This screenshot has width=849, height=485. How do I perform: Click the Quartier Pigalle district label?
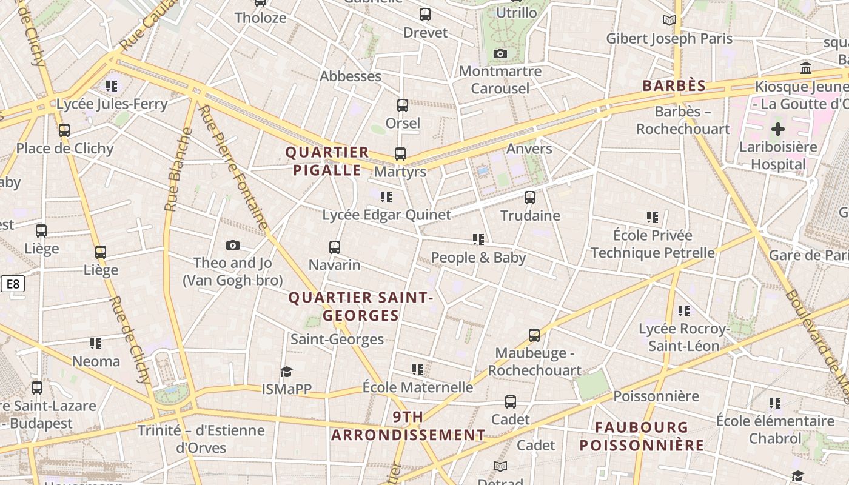(x=327, y=161)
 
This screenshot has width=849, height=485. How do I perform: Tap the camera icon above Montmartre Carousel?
(x=500, y=54)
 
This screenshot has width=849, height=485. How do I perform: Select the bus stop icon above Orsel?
(x=403, y=105)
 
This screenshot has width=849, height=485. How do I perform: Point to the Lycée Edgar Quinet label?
(x=386, y=215)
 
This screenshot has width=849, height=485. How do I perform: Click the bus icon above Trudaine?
(x=530, y=198)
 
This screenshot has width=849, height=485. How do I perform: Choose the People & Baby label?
(x=478, y=258)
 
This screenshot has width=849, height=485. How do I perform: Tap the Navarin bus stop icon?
(x=335, y=247)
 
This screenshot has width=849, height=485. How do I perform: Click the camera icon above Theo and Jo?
(x=233, y=246)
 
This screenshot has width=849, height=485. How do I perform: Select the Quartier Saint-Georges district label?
(x=361, y=307)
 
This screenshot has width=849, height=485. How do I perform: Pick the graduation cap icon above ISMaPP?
(x=286, y=372)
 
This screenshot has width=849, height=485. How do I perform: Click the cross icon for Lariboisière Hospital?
(x=778, y=129)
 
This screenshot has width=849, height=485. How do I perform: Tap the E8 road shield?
(x=12, y=284)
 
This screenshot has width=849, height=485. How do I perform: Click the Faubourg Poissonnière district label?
(x=642, y=436)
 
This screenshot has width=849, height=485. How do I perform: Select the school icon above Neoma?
(x=96, y=344)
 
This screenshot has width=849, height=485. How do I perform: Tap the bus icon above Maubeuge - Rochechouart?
(x=534, y=335)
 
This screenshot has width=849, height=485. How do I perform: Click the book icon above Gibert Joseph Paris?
(x=669, y=21)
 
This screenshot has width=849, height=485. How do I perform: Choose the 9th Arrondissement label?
(x=408, y=426)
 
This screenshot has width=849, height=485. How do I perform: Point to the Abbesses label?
(x=351, y=76)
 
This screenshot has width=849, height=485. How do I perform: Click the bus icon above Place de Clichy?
(x=64, y=130)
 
